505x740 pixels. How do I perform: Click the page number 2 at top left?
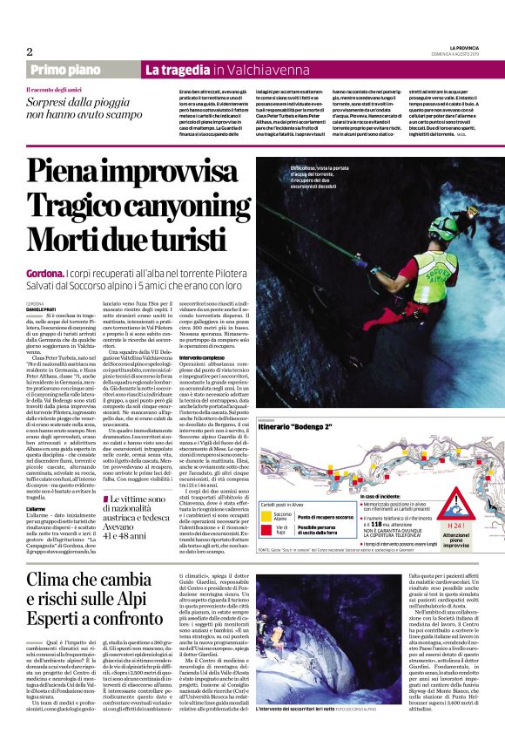(x=30, y=51)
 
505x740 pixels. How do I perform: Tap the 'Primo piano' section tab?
(x=64, y=69)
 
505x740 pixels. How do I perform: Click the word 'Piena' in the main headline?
(x=66, y=171)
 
